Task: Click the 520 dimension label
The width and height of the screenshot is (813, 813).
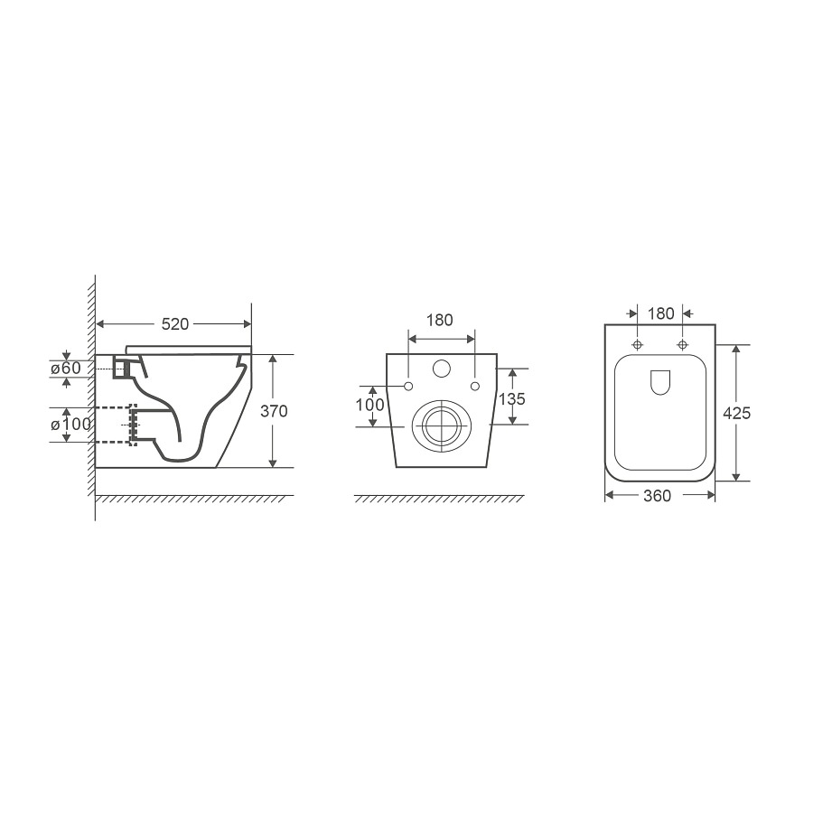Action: pyautogui.click(x=175, y=324)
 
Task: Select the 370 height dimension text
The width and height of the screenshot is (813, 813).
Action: pyautogui.click(x=274, y=411)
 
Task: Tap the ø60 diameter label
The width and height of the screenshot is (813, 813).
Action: pyautogui.click(x=66, y=368)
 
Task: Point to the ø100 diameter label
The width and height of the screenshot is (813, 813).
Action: pyautogui.click(x=70, y=425)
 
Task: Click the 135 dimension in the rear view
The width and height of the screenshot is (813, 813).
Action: pyautogui.click(x=512, y=398)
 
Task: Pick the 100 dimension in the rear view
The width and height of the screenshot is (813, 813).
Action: pyautogui.click(x=369, y=405)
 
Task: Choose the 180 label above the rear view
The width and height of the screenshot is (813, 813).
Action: pyautogui.click(x=440, y=320)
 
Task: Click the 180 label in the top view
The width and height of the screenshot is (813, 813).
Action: pyautogui.click(x=660, y=313)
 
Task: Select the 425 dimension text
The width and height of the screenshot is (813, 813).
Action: pyautogui.click(x=737, y=413)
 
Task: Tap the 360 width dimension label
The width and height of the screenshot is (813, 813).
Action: pyautogui.click(x=657, y=496)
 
